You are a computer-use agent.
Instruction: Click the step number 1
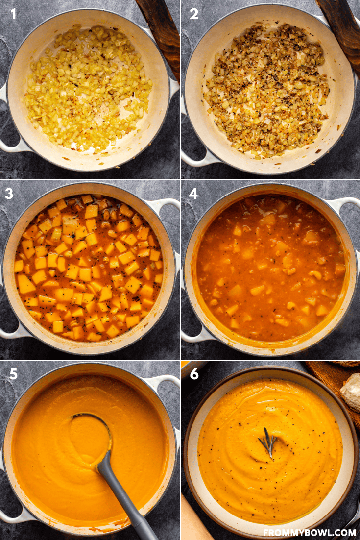[x=13, y=14]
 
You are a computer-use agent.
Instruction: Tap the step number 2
[x=194, y=14]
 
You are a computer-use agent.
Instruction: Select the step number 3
[x=9, y=194]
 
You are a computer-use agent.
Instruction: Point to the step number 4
[x=193, y=194]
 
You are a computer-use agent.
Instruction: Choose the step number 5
[x=13, y=374]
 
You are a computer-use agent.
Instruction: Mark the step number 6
[x=194, y=374]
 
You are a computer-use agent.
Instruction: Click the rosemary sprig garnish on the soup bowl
[x=268, y=442]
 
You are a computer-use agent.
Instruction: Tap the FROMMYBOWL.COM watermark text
[x=309, y=533]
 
